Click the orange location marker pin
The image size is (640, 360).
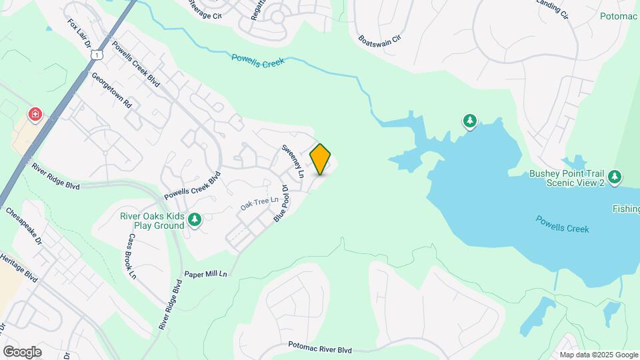tap(321, 159)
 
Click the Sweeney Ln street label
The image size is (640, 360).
tap(292, 161)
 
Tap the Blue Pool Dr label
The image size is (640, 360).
tap(280, 203)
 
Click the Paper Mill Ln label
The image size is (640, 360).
tap(206, 274)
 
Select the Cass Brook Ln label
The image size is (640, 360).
tap(131, 256)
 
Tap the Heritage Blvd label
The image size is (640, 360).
tap(19, 267)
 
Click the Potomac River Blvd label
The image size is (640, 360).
tap(320, 347)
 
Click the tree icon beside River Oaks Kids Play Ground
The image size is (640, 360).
tap(195, 219)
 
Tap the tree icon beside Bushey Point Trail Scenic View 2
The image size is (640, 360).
tap(615, 177)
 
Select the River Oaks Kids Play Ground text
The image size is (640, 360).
tap(152, 221)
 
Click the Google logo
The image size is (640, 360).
tap(22, 351)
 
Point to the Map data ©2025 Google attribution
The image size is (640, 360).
tap(598, 355)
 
